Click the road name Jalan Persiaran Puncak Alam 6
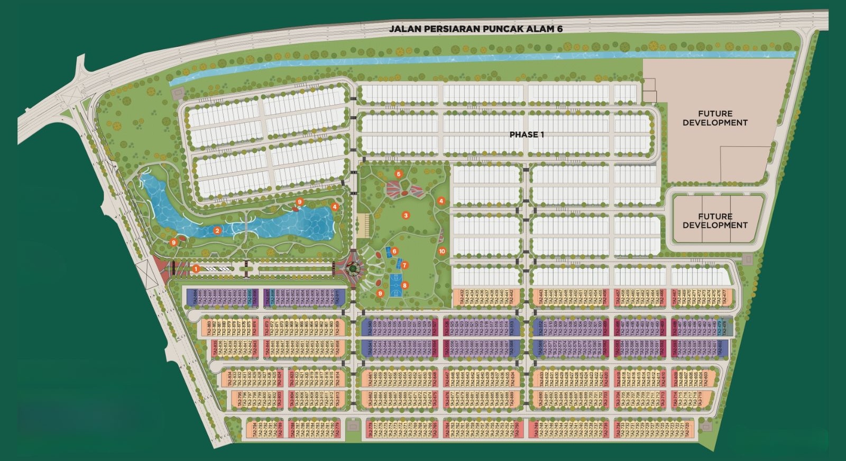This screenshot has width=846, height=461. (x=475, y=29)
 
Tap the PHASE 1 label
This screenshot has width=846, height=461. (x=527, y=134)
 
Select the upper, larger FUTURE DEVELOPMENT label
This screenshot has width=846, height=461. (x=715, y=118)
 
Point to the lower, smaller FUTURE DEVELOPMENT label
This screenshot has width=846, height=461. (x=715, y=221)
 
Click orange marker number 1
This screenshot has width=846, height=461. (x=196, y=269)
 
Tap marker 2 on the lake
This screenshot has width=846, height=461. (x=217, y=231)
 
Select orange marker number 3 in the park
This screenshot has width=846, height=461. (x=406, y=215)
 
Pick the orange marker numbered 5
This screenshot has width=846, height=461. (x=399, y=174)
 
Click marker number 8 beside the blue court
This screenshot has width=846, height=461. (x=404, y=285)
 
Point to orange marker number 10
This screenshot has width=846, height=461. (x=442, y=251)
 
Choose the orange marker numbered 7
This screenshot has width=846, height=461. (x=404, y=265)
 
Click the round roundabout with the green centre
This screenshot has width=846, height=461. (x=353, y=268)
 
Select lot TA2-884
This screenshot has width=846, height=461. (x=195, y=297)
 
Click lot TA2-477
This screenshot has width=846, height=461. (x=724, y=297)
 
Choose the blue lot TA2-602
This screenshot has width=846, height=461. (x=725, y=347)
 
